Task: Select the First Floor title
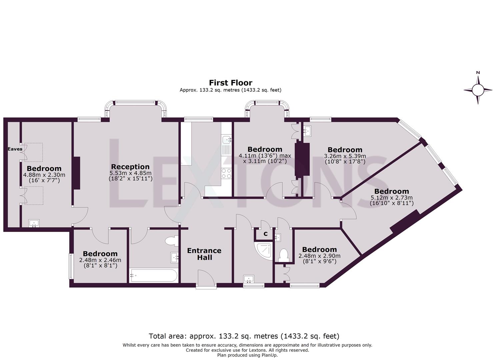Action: [x=230, y=83]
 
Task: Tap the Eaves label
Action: [x=15, y=149]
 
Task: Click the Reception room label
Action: [x=130, y=167]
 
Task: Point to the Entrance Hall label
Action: [x=204, y=254]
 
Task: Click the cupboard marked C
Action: [x=265, y=234]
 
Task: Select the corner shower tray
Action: [x=265, y=251]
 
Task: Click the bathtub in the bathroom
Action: [x=153, y=275]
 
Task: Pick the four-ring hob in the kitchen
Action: [x=227, y=173]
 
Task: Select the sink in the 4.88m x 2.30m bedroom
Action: [x=34, y=223]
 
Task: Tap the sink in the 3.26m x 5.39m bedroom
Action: [x=307, y=130]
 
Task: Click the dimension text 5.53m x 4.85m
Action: [x=130, y=173]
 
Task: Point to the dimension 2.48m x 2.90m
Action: [x=319, y=256]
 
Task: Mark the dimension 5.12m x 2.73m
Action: [x=391, y=198]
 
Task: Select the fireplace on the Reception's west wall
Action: [x=76, y=173]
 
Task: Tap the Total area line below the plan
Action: [x=244, y=336]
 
